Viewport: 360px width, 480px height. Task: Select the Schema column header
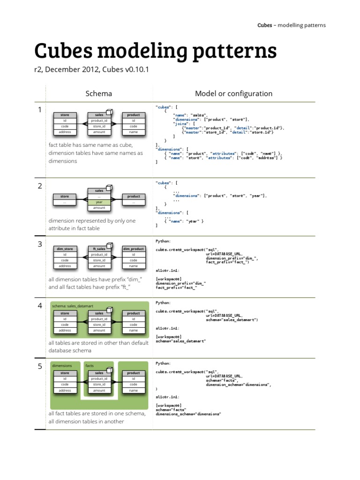(x=99, y=93)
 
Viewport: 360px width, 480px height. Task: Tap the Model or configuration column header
(x=233, y=93)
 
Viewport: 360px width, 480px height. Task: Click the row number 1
(x=40, y=110)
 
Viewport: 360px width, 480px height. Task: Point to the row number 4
(x=40, y=306)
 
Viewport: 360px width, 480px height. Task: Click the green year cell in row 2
(x=99, y=202)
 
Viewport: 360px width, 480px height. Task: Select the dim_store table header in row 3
(x=65, y=249)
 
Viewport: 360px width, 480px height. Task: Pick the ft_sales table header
(x=98, y=249)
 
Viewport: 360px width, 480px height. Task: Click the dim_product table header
(x=133, y=249)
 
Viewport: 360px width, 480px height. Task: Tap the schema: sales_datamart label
(x=71, y=306)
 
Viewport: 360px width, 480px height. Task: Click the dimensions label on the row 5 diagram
(x=62, y=365)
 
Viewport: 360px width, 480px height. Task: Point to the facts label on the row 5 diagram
(x=90, y=365)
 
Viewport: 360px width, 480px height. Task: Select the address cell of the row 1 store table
(x=65, y=132)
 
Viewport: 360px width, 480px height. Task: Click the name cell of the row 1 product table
(x=133, y=132)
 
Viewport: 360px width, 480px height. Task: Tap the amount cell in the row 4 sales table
(x=99, y=330)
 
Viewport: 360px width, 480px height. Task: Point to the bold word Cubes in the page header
(x=265, y=25)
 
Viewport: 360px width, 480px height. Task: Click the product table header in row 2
(x=133, y=196)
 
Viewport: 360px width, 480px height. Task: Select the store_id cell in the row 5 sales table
(x=99, y=384)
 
